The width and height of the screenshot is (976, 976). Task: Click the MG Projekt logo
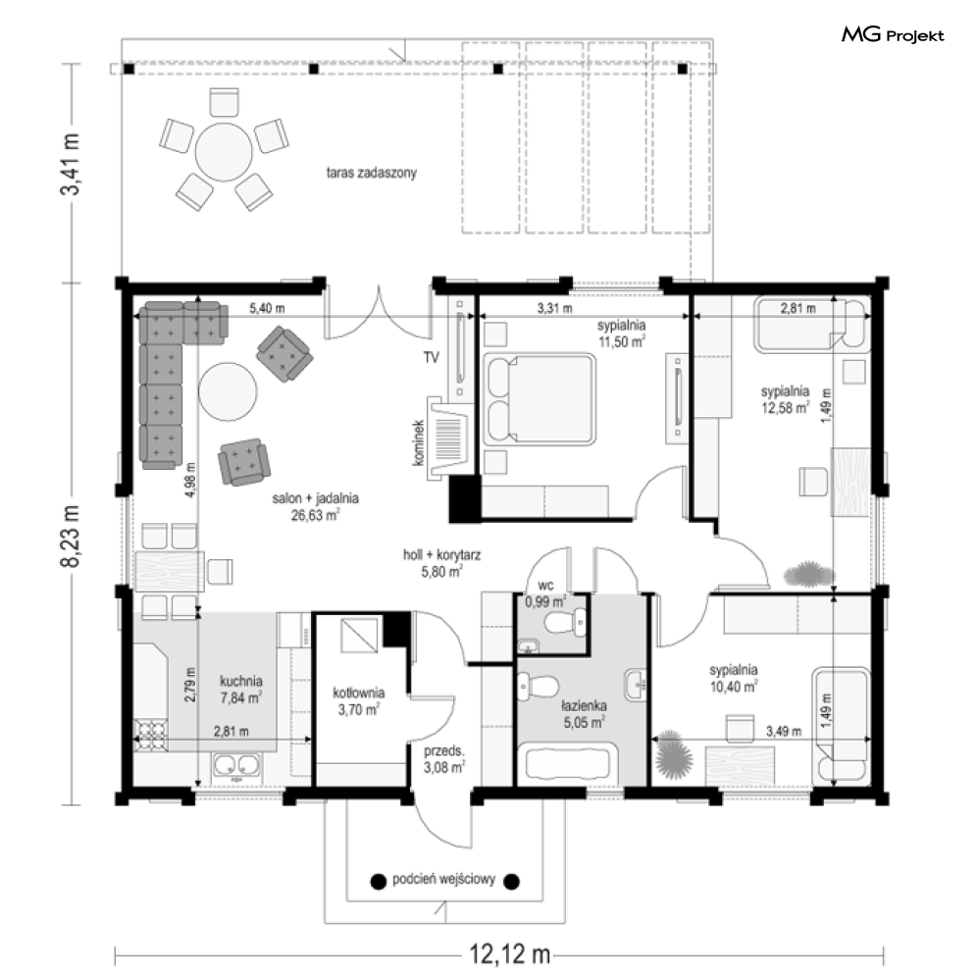pyautogui.click(x=893, y=35)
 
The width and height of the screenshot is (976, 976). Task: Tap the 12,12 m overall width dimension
pyautogui.click(x=509, y=953)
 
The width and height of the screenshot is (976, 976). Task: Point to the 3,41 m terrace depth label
pyautogui.click(x=71, y=165)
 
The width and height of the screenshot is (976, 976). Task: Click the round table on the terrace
pyautogui.click(x=224, y=152)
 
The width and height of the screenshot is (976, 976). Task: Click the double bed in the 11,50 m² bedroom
pyautogui.click(x=539, y=398)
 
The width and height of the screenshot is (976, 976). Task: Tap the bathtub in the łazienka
pyautogui.click(x=566, y=762)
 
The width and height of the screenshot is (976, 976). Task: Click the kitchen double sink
pyautogui.click(x=237, y=767)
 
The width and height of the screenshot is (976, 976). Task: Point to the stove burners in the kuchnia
pyautogui.click(x=151, y=736)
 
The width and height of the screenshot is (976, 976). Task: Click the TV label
pyautogui.click(x=432, y=357)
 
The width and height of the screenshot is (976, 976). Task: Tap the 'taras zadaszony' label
pyautogui.click(x=372, y=173)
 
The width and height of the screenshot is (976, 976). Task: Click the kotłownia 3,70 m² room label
pyautogui.click(x=359, y=701)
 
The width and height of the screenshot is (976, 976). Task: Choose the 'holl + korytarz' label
pyautogui.click(x=442, y=554)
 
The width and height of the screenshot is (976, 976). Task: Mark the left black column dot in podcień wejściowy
pyautogui.click(x=378, y=882)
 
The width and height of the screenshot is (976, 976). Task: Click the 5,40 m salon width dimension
pyautogui.click(x=267, y=308)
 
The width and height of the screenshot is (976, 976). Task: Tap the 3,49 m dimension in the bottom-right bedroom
pyautogui.click(x=784, y=731)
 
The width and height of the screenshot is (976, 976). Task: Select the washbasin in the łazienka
pyautogui.click(x=637, y=685)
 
